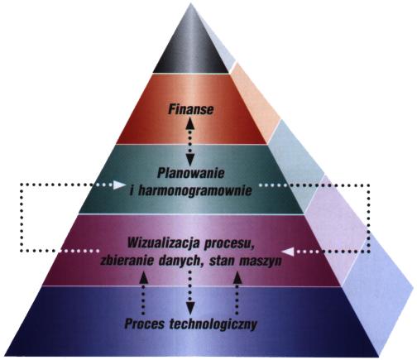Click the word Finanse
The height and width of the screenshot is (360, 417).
(x=191, y=109)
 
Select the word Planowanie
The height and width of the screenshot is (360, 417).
(x=191, y=174)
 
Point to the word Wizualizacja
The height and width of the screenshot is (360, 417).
(x=163, y=244)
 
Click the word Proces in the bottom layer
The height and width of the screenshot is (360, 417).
(x=144, y=324)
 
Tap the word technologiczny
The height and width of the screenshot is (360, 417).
(x=213, y=324)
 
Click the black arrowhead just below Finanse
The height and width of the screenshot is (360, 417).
(x=189, y=123)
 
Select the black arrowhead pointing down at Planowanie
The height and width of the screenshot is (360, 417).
(x=189, y=160)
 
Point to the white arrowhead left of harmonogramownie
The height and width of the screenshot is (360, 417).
(x=119, y=185)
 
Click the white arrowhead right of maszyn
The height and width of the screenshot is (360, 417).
(x=288, y=252)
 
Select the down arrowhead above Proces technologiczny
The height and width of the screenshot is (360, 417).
(x=189, y=308)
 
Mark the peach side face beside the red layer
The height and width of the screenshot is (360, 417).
(x=255, y=102)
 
